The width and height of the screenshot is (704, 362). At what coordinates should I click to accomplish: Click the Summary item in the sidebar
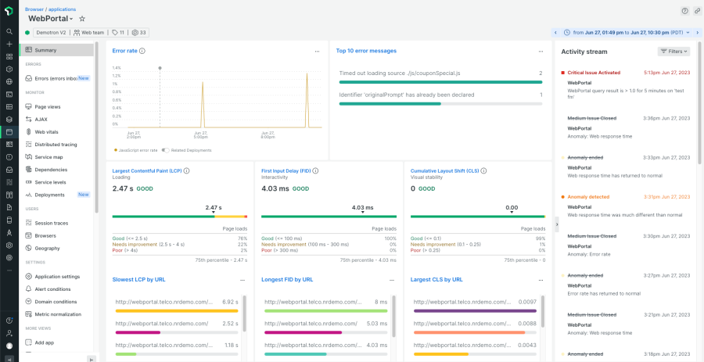(x=45, y=50)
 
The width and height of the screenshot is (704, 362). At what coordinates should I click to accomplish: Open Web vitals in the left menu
(x=46, y=131)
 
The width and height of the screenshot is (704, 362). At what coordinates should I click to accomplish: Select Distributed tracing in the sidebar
(x=56, y=144)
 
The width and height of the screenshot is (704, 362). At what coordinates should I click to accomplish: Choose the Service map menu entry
(x=48, y=157)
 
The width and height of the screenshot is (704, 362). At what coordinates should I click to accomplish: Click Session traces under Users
(x=51, y=223)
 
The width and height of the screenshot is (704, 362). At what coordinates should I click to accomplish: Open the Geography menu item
(x=47, y=248)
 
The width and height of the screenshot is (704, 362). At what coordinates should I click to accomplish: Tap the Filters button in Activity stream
(x=674, y=52)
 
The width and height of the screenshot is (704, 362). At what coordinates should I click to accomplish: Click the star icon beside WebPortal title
(x=82, y=18)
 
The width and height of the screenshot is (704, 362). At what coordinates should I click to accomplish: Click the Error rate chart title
(x=125, y=51)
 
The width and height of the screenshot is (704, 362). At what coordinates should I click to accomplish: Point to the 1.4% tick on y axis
(x=117, y=68)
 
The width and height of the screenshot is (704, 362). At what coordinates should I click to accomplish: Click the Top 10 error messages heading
(x=366, y=51)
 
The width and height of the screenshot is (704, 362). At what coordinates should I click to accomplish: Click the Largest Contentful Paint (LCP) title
(x=147, y=170)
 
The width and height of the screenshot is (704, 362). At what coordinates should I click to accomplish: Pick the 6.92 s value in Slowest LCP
(x=230, y=301)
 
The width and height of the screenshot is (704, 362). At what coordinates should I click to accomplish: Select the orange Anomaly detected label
(x=589, y=196)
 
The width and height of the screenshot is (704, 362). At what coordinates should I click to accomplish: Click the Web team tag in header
(x=89, y=33)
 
